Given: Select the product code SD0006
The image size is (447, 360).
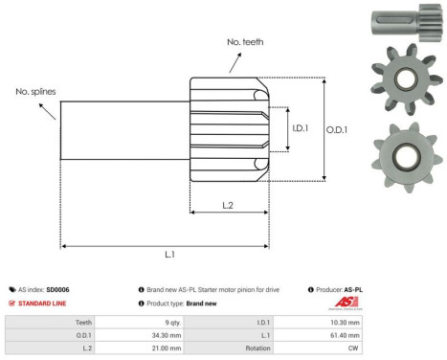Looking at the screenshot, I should click(x=57, y=288).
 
